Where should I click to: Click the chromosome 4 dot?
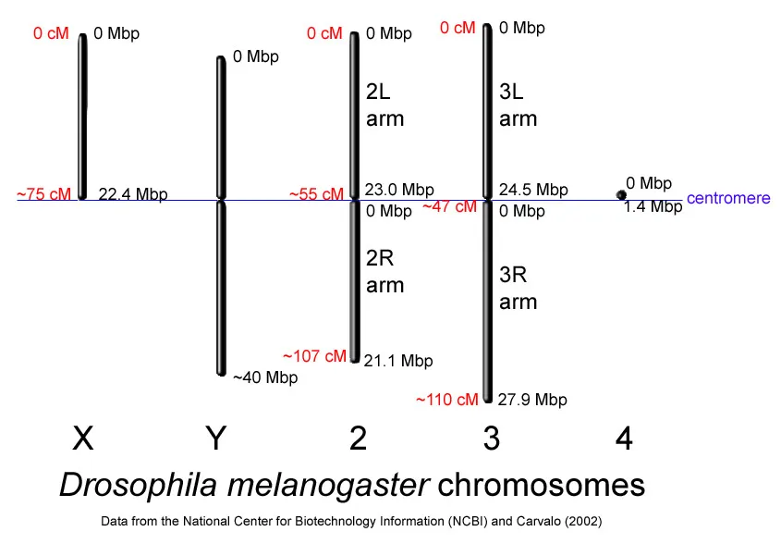coord(622,194)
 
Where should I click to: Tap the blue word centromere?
coord(728,199)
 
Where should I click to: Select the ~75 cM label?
coord(43,194)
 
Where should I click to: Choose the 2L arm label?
coord(385,105)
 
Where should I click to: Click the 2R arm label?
coord(385,271)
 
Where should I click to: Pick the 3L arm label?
coord(519,105)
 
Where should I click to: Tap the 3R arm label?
coord(519,288)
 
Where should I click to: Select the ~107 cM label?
coord(314,355)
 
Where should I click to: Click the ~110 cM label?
coord(447,400)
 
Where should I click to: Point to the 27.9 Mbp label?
coord(532,400)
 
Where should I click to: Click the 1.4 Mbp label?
coord(653,207)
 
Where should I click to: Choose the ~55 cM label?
coord(316,194)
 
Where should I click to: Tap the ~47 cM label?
coord(450,207)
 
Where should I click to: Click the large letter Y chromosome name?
coord(215,439)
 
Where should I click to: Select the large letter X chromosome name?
coord(83,439)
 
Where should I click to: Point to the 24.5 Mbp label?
coord(533,190)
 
